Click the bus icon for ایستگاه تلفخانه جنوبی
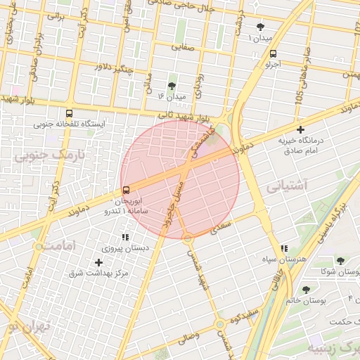pyautogui.click(x=69, y=112)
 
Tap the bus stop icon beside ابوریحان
pyautogui.click(x=126, y=189)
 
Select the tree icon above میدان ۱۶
pyautogui.click(x=172, y=85)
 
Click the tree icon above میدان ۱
pyautogui.click(x=261, y=26)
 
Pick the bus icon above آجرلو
pyautogui.click(x=273, y=53)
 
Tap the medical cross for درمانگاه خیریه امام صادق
pyautogui.click(x=301, y=129)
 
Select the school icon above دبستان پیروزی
pyautogui.click(x=126, y=238)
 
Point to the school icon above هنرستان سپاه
pyautogui.click(x=284, y=248)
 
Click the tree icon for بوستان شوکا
pyautogui.click(x=340, y=261)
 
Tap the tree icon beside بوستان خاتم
pyautogui.click(x=306, y=289)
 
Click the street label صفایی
pyautogui.click(x=186, y=49)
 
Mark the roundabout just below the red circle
pyautogui.click(x=188, y=239)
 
